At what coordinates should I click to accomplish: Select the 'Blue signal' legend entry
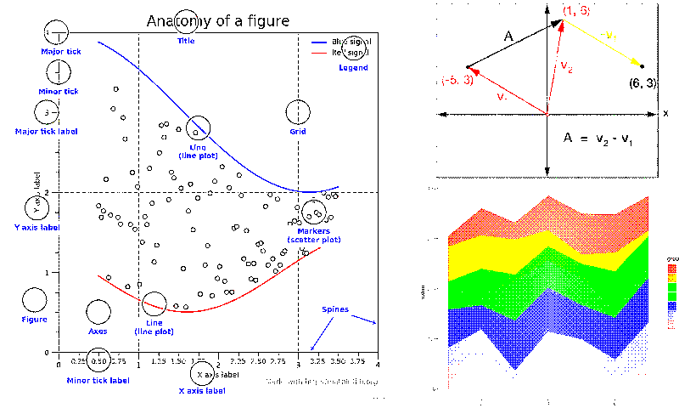348,41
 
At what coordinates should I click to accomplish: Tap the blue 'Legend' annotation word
353,68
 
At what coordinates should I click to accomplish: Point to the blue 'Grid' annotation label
298,132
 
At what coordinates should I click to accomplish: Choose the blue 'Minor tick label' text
98,380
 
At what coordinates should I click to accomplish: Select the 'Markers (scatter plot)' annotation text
313,235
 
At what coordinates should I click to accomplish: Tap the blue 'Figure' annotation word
34,320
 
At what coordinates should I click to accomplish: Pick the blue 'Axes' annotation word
98,331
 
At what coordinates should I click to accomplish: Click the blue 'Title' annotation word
186,41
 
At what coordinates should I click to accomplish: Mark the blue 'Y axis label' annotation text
37,228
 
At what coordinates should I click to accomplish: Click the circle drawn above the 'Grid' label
298,111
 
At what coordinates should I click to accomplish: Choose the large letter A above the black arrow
508,36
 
